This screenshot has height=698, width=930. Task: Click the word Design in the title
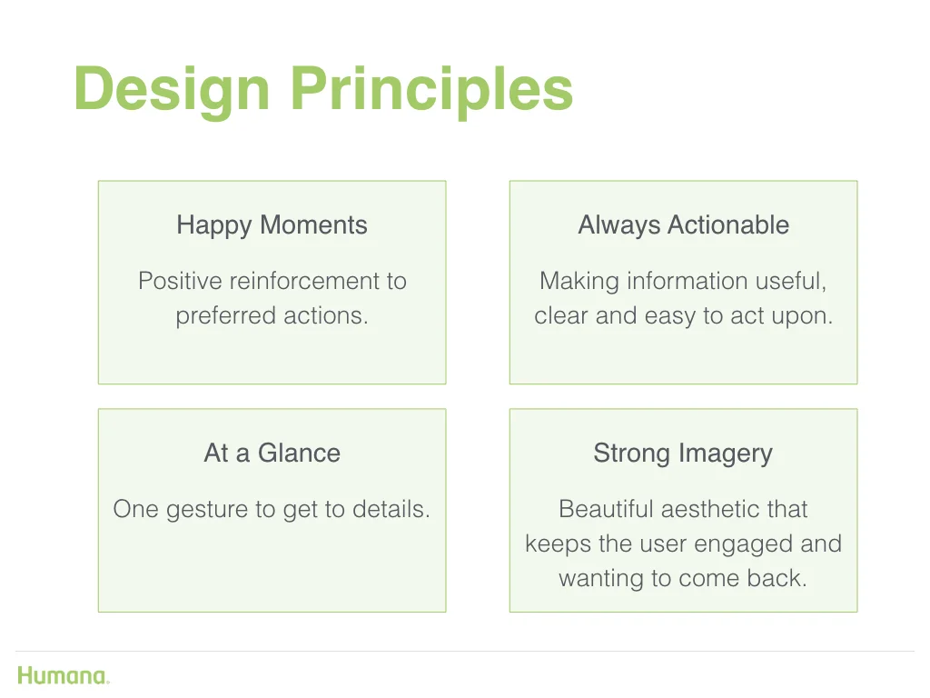click(x=172, y=90)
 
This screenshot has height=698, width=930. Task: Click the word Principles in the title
click(x=431, y=90)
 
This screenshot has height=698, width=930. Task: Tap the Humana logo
click(x=64, y=675)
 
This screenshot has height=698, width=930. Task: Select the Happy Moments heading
click(x=272, y=225)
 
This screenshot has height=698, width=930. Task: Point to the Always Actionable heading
click(x=683, y=225)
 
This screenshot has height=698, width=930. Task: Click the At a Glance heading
click(x=272, y=453)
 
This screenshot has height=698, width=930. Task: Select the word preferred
click(x=226, y=316)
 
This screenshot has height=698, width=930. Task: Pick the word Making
click(x=579, y=282)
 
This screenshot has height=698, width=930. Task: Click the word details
click(x=391, y=509)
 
